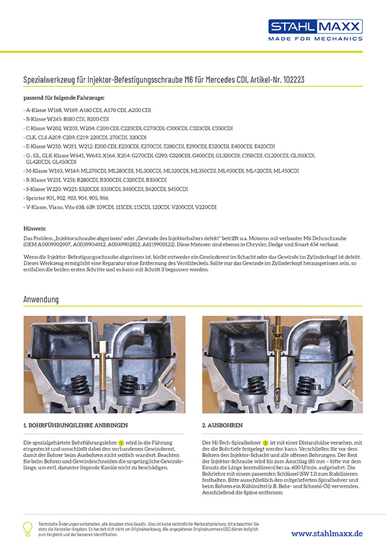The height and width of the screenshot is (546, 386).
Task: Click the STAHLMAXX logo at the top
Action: click(x=315, y=27)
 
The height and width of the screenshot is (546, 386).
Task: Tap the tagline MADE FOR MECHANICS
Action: click(x=315, y=39)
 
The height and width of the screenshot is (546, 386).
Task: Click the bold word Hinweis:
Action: click(x=34, y=230)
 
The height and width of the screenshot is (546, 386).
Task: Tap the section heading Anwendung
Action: click(x=41, y=300)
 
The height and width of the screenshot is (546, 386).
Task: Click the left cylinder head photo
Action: click(x=104, y=364)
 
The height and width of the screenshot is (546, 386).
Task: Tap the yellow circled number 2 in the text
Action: click(x=265, y=442)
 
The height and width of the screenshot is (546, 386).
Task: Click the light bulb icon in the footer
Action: click(x=28, y=528)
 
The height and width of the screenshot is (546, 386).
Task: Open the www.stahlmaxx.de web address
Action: click(x=326, y=533)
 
